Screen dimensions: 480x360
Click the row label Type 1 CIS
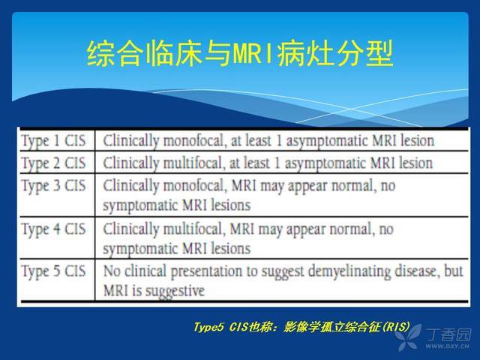pos(53,141)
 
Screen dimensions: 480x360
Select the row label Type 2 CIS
pos(53,163)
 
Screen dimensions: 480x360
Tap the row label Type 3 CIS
pos(53,186)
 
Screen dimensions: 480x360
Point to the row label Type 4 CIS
pos(53,229)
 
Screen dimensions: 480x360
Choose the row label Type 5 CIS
pos(53,271)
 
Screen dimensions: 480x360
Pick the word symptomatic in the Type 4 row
pos(140,249)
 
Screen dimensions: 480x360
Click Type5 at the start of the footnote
pos(208,327)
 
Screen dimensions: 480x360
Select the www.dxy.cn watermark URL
pos(447,346)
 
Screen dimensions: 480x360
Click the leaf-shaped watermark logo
pos(408,337)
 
